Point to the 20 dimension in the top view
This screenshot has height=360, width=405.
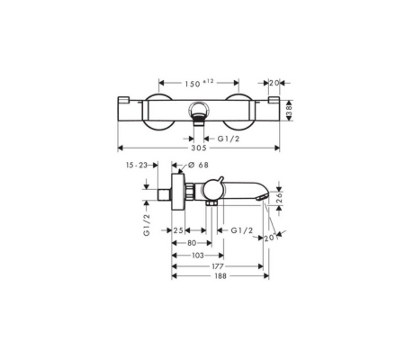[x=274, y=82]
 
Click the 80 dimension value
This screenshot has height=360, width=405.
[x=192, y=243]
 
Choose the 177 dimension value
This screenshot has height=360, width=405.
[x=211, y=266]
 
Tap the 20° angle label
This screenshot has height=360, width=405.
[x=271, y=236]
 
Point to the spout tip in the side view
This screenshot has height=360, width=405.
[x=264, y=195]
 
